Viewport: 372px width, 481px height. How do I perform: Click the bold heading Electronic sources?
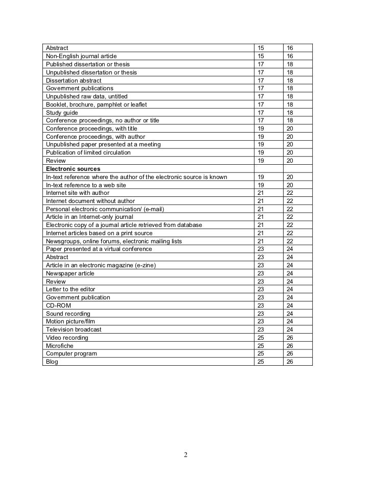coord(73,168)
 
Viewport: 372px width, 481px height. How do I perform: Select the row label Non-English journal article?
coord(84,56)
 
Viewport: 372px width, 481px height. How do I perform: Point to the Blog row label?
coord(52,362)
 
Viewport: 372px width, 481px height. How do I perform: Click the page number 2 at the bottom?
coord(186,455)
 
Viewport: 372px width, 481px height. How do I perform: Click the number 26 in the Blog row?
coord(290,362)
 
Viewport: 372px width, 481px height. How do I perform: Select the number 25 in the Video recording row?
coord(261,338)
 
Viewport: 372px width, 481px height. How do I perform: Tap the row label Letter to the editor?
coord(71,289)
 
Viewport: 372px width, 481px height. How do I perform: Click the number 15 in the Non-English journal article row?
coord(261,56)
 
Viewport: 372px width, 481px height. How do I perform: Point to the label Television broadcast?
coord(74,330)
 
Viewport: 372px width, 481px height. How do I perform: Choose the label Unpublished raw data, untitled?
coord(87,96)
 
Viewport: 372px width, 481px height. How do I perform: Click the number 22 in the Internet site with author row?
coord(290,193)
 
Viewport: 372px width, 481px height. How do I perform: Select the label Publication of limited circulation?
coord(88,153)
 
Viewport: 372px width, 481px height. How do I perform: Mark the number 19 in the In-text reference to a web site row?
coord(261,185)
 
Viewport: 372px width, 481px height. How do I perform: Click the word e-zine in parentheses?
coord(144,265)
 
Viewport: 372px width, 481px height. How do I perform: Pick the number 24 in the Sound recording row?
coord(290,314)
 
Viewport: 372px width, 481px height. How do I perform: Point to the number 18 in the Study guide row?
coord(290,112)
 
